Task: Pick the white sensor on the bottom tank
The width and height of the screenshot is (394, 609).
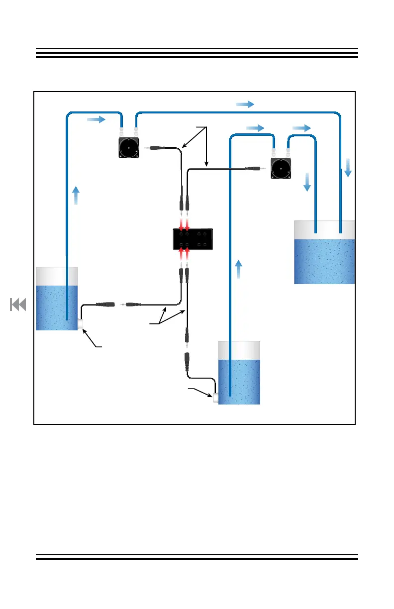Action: (216, 398)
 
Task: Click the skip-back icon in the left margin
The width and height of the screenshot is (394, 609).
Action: (18, 304)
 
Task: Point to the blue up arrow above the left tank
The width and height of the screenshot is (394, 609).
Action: (75, 195)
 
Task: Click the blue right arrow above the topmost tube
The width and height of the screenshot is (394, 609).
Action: (245, 104)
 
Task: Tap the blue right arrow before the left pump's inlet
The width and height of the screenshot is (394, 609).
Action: (96, 119)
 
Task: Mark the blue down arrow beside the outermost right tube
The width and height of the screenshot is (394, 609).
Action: (348, 167)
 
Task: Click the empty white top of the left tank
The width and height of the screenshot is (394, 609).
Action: (57, 276)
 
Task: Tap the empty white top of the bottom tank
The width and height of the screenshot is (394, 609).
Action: (239, 350)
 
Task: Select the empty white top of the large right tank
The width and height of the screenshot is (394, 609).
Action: (324, 229)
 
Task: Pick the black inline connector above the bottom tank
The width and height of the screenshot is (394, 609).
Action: (187, 360)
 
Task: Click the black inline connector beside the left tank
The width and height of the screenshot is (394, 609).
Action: (105, 304)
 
